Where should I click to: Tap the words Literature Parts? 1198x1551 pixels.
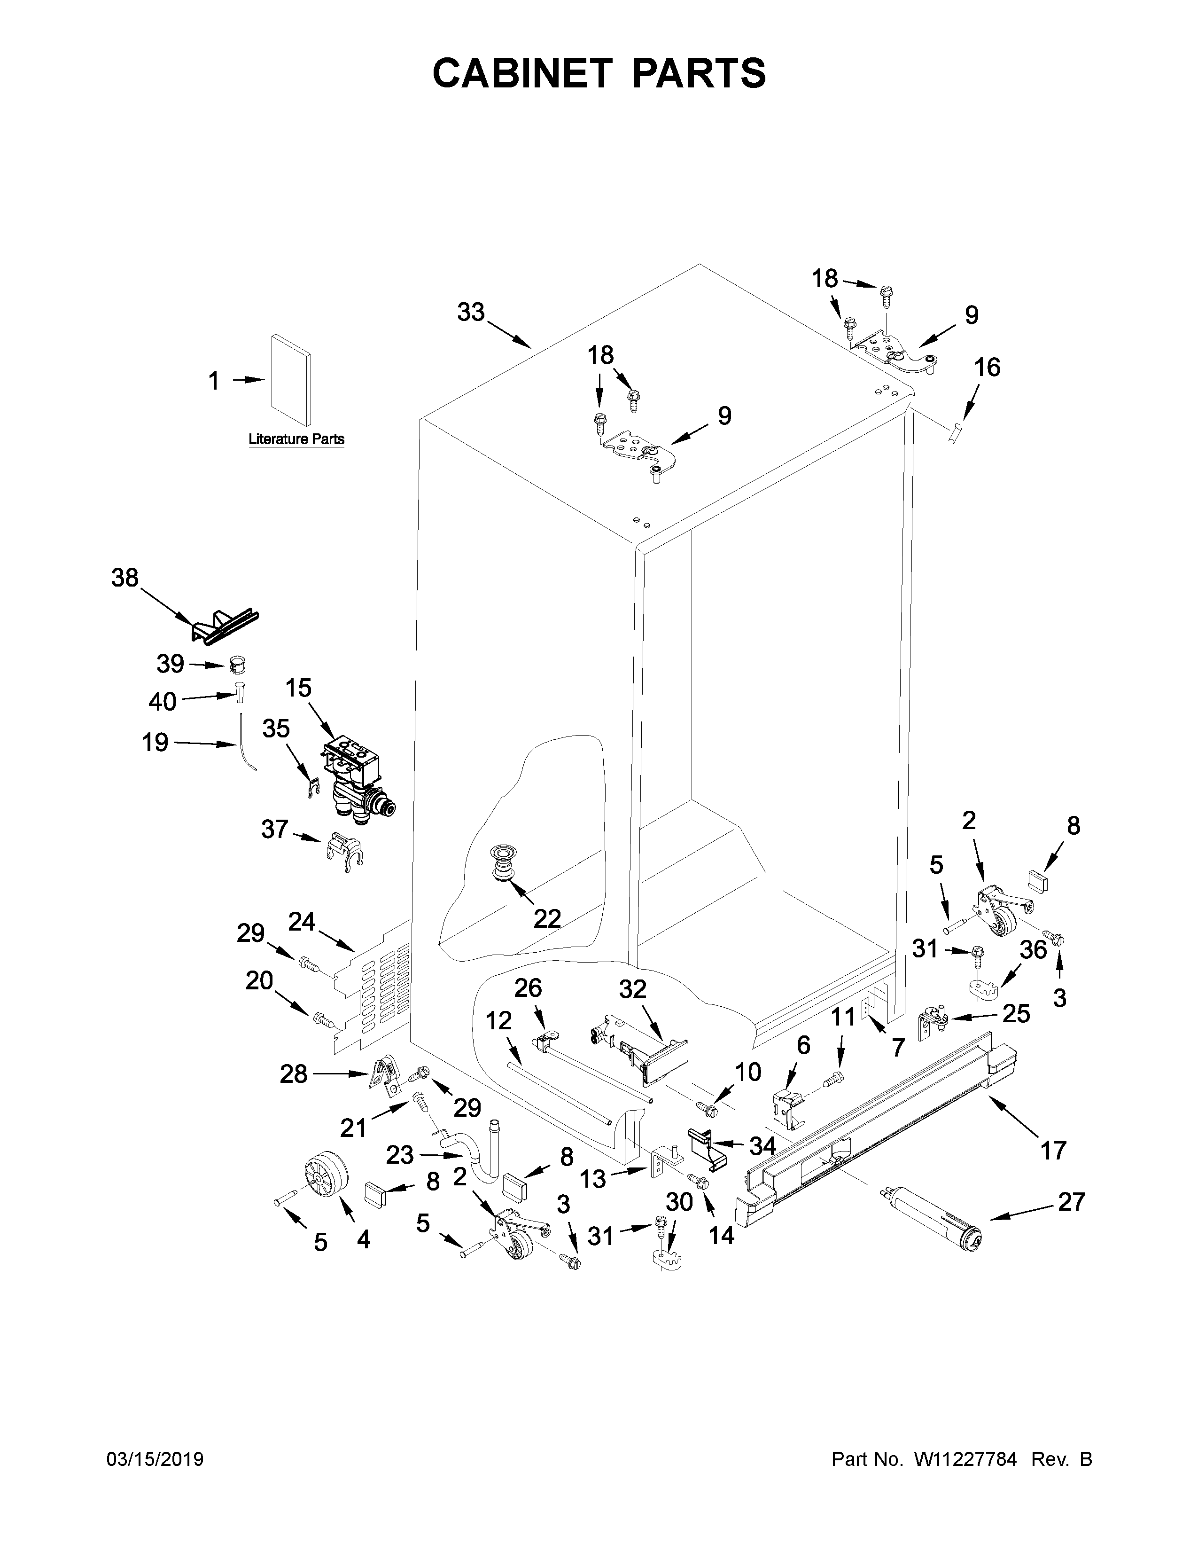296,439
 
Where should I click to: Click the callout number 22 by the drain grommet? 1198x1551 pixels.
547,918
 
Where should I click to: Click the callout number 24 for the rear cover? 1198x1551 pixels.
302,922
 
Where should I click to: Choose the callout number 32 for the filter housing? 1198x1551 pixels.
633,989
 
